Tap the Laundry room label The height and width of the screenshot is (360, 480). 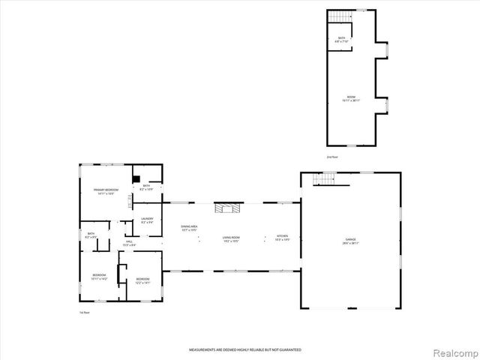click(x=147, y=220)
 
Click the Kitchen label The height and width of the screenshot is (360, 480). click(x=282, y=238)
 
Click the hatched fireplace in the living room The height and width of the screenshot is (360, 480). click(x=228, y=208)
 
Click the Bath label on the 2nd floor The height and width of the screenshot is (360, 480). click(x=341, y=40)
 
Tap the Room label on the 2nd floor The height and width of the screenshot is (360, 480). click(x=351, y=98)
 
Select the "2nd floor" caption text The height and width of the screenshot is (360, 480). click(x=331, y=157)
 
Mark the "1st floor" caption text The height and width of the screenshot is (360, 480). click(x=85, y=312)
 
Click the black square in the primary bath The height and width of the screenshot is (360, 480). click(x=136, y=178)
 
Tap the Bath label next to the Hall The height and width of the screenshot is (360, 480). click(x=90, y=235)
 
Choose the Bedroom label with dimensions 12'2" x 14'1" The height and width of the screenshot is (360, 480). click(x=142, y=281)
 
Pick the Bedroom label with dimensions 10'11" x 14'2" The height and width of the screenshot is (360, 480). click(x=100, y=277)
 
